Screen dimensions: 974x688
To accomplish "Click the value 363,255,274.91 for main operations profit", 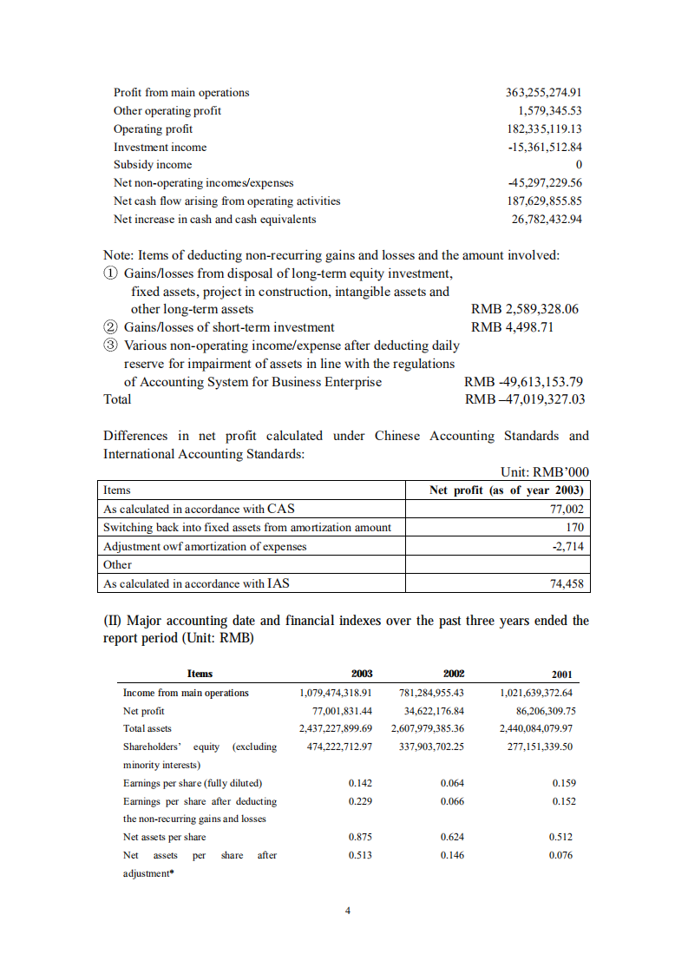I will tap(543, 93).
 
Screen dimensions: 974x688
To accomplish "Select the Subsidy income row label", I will tap(153, 165).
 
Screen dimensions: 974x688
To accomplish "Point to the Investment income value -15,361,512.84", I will tap(544, 148).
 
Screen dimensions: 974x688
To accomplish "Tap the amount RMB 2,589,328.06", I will tap(524, 309).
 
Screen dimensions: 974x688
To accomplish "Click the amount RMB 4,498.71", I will tap(512, 327).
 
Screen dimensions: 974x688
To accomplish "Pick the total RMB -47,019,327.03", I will tap(525, 399).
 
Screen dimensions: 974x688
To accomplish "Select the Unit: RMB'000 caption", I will tap(545, 472).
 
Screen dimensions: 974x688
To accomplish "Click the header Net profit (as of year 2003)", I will tap(507, 490).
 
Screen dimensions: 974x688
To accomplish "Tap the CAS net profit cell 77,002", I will tap(565, 510).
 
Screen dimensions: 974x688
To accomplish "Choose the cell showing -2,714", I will tap(568, 546).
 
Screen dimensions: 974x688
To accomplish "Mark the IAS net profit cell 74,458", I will tap(567, 584).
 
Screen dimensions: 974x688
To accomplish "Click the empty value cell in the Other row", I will tap(498, 565).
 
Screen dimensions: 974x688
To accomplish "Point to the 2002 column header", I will tap(453, 674).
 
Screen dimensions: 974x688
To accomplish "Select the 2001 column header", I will tap(561, 675).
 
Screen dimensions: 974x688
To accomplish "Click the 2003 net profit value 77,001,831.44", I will tap(336, 710).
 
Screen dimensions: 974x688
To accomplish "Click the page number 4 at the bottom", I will tap(347, 911).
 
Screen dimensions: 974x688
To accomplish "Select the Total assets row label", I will tap(147, 728).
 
